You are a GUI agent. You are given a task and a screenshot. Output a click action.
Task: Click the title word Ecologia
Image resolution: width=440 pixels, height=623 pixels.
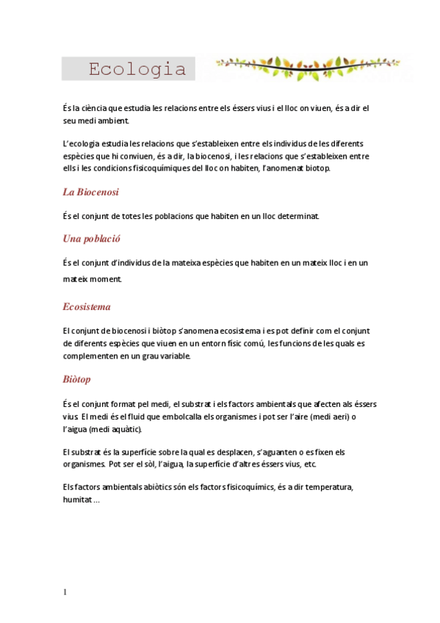tap(137, 70)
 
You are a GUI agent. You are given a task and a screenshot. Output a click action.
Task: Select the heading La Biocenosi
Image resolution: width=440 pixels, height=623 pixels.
tap(91, 192)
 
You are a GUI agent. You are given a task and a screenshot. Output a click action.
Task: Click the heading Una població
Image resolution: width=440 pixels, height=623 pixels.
tap(92, 239)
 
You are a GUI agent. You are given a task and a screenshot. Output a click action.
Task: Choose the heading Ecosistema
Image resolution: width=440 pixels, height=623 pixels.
tap(87, 306)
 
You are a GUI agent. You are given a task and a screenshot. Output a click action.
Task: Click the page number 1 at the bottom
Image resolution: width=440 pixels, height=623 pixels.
tap(65, 592)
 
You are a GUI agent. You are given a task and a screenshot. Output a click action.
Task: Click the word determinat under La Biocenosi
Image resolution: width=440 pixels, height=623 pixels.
tap(295, 216)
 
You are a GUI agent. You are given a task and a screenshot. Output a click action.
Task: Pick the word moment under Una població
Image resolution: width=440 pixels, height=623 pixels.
tap(104, 279)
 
